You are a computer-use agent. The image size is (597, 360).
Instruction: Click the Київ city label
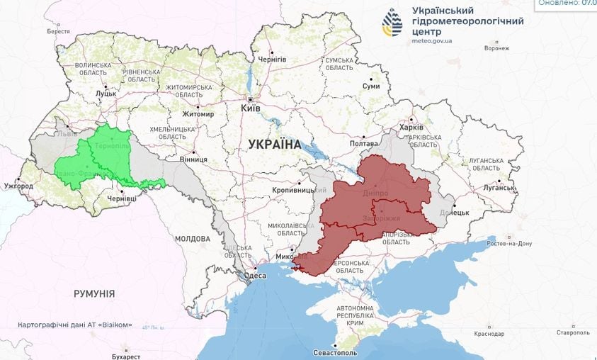pos(251,108)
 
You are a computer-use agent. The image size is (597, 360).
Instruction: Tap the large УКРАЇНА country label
pos(274,145)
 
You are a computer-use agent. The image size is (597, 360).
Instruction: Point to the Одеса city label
pos(256,276)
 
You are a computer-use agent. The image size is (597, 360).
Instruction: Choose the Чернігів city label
pos(272,60)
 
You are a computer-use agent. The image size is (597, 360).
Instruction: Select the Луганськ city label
pos(500,188)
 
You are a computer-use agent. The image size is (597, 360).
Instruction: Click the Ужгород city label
pos(18,186)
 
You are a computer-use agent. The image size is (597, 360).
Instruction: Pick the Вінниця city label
pos(193,160)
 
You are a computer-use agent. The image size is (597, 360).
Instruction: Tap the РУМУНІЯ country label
pos(94,293)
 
